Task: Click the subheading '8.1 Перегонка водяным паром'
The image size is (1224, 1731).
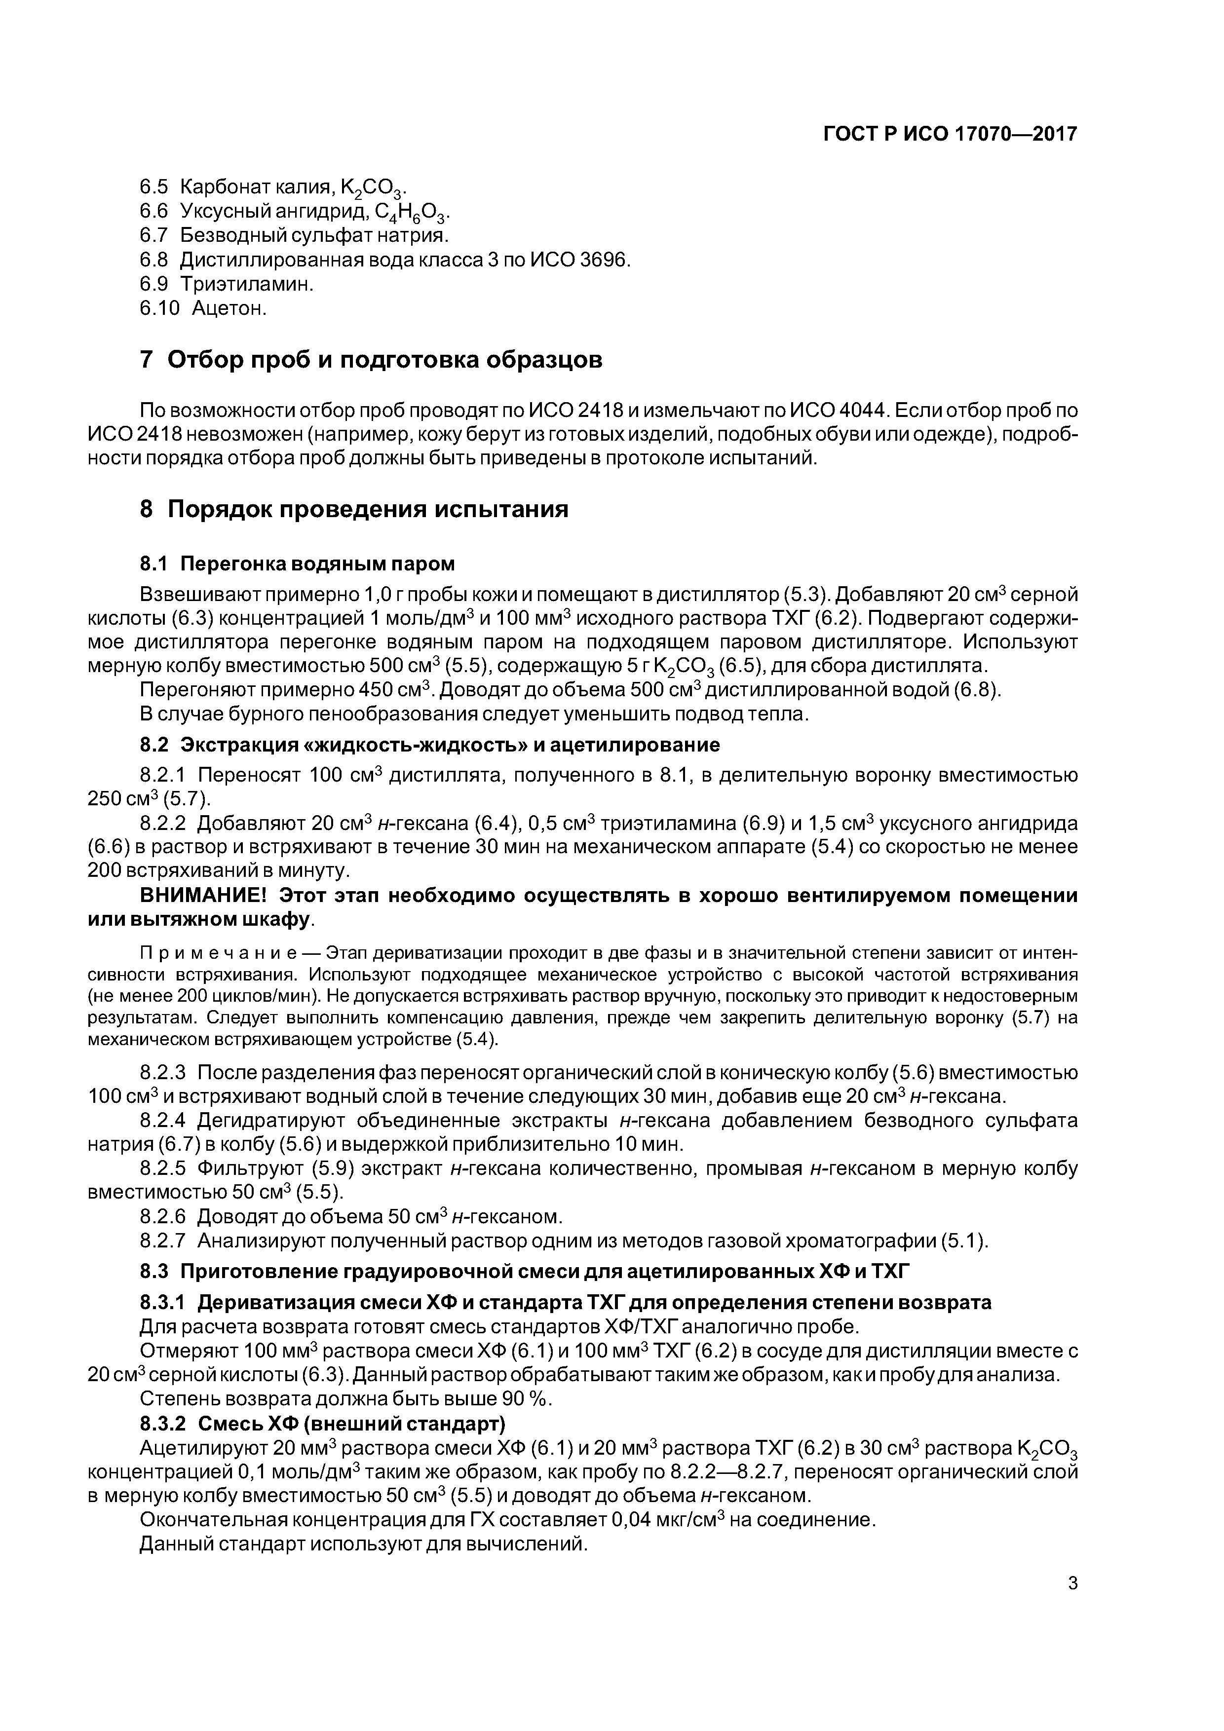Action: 298,564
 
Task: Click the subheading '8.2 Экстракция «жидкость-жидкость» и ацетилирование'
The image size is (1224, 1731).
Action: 430,745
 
